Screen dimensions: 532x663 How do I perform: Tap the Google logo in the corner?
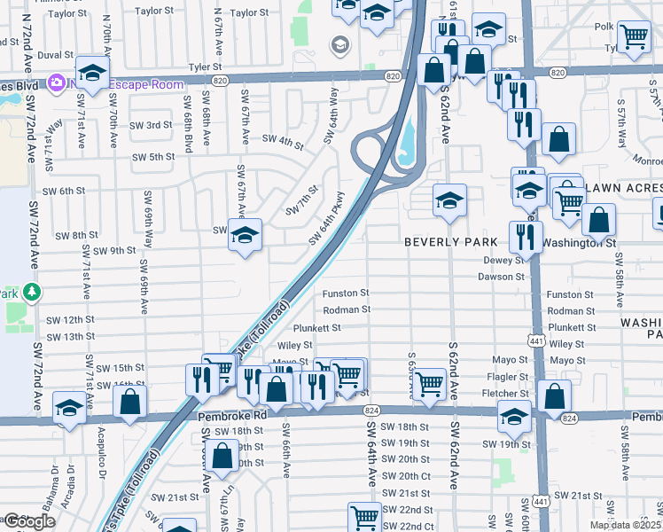tap(28, 521)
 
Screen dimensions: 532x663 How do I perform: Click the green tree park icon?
tap(32, 291)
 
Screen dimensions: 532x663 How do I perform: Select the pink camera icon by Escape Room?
tap(57, 82)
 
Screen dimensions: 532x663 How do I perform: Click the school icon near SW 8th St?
tap(245, 236)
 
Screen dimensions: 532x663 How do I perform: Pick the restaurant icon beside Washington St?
tap(526, 238)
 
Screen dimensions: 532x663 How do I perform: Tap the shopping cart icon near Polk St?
tap(634, 36)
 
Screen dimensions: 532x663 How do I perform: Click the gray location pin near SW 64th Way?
tap(339, 44)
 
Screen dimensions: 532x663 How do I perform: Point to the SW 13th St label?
tap(70, 337)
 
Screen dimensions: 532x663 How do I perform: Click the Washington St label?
tap(578, 242)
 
